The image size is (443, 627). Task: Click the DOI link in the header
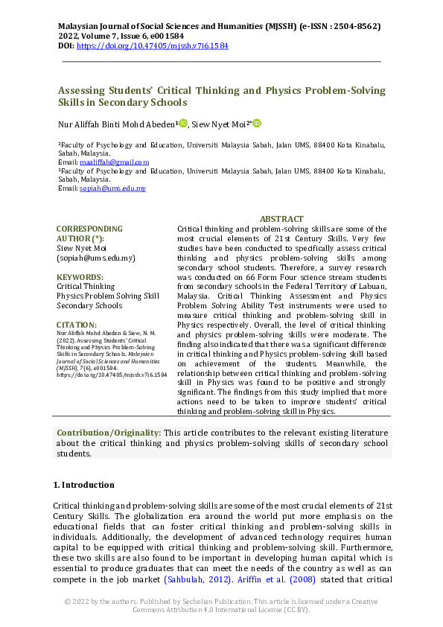point(153,45)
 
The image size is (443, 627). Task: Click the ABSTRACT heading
point(281,219)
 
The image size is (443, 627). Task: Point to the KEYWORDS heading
point(80,277)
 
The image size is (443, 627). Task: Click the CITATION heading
point(77,325)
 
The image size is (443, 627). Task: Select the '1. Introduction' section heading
point(83,485)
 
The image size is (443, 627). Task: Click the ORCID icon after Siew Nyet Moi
point(258,124)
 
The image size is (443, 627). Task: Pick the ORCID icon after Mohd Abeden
point(183,124)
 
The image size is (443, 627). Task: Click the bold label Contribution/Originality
point(109,433)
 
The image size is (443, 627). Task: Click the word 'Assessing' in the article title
point(85,91)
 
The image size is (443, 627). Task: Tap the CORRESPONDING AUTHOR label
point(89,234)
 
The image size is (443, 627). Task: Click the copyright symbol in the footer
point(67,600)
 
